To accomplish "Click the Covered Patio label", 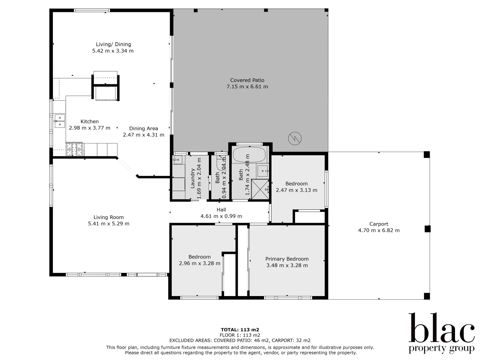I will [x=247, y=80].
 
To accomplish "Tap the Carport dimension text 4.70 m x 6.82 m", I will [x=379, y=230].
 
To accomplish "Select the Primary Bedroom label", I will [x=287, y=259].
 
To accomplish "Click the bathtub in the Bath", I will [x=249, y=155].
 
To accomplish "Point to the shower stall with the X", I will [x=260, y=189].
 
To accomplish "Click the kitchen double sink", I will [x=60, y=121].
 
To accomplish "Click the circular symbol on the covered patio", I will [x=295, y=138].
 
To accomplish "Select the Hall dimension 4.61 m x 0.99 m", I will [x=221, y=216].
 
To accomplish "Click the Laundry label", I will [x=193, y=178].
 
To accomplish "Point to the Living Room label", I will [x=108, y=217].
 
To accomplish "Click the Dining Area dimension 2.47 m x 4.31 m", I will [x=143, y=135].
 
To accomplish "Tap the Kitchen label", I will [x=89, y=122].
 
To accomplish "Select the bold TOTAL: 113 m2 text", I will [x=240, y=330].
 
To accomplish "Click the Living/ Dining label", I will [x=113, y=44].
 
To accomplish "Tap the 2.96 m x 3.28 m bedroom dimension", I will [x=199, y=263].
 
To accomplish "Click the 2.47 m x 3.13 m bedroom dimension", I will [x=296, y=190].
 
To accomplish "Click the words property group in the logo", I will [x=441, y=349].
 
